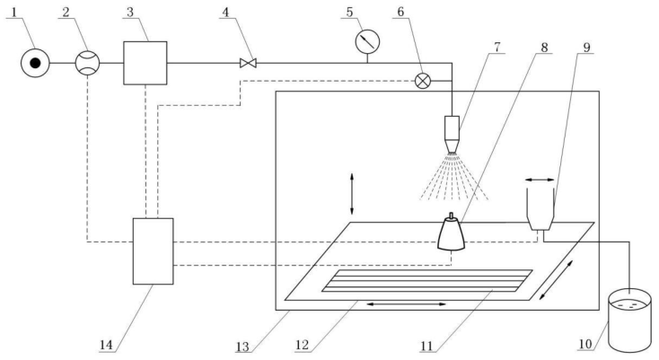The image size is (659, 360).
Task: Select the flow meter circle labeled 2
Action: [x=87, y=62]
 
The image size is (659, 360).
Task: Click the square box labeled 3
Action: [x=145, y=62]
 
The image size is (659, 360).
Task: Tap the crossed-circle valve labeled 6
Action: [x=423, y=80]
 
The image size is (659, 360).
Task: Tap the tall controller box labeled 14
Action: [x=151, y=250]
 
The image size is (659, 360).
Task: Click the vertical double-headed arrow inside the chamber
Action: [x=351, y=192]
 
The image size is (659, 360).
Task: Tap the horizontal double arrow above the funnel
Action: [x=540, y=169]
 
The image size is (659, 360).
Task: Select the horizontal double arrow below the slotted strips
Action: [x=403, y=304]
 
